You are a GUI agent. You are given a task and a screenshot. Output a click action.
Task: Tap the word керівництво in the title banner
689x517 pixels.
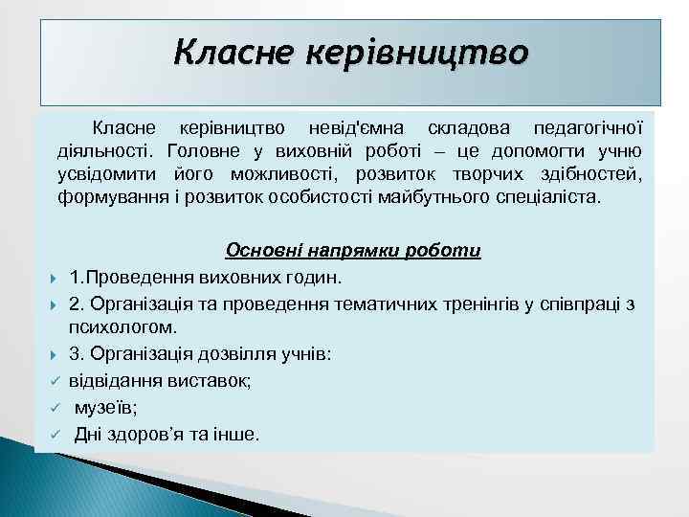click(416, 50)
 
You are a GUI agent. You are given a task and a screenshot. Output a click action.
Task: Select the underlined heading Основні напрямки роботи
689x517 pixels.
click(353, 251)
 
